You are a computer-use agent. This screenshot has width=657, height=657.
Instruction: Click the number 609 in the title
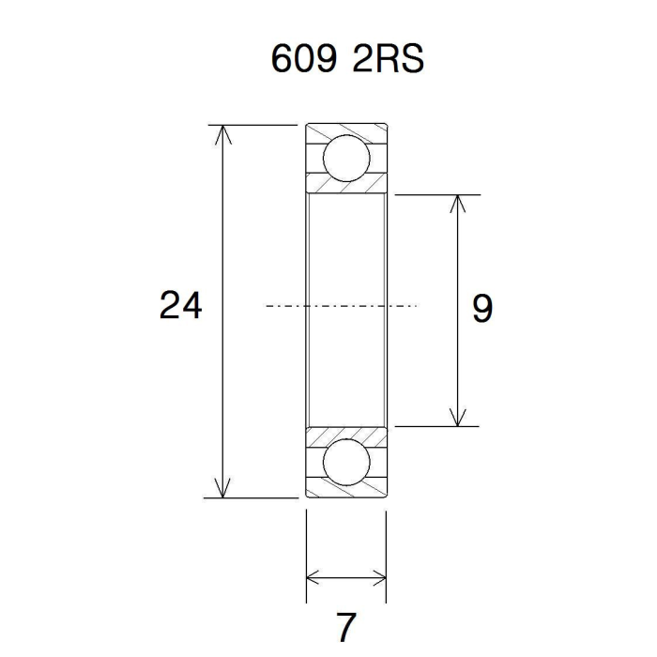[x=304, y=58]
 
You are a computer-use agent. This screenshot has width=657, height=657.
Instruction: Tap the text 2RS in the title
[x=389, y=58]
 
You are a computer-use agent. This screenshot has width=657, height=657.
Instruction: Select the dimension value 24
[x=180, y=305]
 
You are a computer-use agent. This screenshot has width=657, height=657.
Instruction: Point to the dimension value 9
[x=482, y=308]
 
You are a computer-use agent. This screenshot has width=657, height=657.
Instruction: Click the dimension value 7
[x=346, y=627]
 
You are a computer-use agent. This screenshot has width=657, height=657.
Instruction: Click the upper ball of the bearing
[x=346, y=159]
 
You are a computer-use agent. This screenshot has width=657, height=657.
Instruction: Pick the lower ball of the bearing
[x=346, y=463]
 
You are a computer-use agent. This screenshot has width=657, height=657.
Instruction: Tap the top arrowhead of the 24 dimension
[x=223, y=134]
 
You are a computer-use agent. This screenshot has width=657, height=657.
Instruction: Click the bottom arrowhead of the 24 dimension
[x=223, y=488]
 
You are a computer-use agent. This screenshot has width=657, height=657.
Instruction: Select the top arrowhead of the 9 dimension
[x=458, y=204]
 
